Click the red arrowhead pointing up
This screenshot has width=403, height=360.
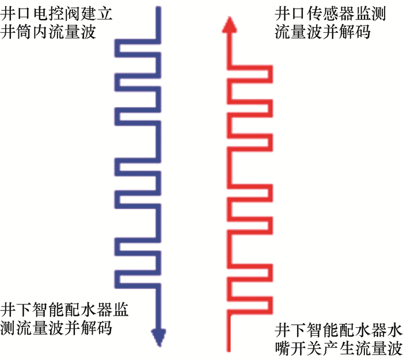click(229, 24)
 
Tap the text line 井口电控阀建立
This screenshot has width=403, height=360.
click(56, 13)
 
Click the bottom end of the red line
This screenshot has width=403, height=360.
click(229, 349)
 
